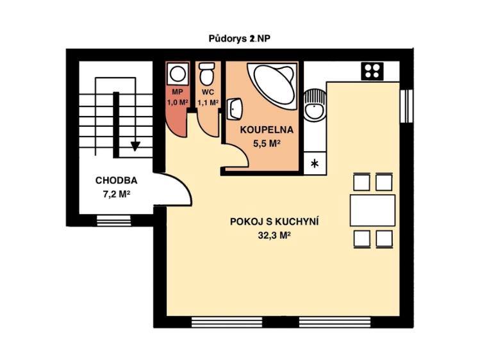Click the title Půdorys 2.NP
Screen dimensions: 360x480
[x=240, y=38]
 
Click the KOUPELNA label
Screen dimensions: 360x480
[x=267, y=129]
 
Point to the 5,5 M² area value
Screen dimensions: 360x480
[x=267, y=143]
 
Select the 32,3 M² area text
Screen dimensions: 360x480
[x=274, y=235]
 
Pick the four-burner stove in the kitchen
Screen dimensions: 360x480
[x=371, y=70]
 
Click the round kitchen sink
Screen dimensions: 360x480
[x=315, y=106]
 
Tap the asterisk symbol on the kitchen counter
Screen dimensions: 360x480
[x=314, y=164]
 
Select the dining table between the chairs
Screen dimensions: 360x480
[x=372, y=210]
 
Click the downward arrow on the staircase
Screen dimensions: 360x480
[x=135, y=145]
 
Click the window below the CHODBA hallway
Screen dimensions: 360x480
[x=113, y=221]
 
